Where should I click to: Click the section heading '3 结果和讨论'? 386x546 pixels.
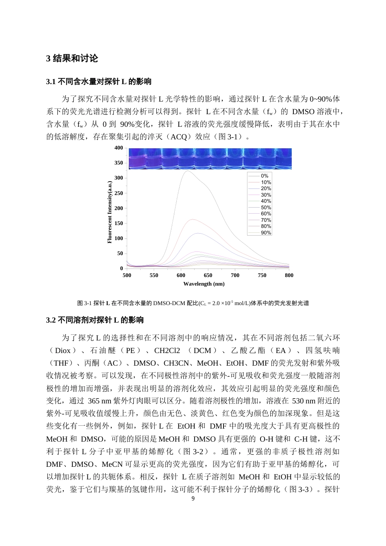click(x=72, y=58)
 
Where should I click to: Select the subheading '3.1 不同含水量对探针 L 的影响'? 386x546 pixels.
click(x=99, y=82)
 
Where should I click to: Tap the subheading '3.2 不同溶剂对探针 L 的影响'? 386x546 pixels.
click(x=95, y=320)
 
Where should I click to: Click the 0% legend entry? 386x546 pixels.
click(x=264, y=176)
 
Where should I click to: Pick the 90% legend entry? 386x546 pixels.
click(x=266, y=233)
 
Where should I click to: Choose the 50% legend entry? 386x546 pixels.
click(x=266, y=208)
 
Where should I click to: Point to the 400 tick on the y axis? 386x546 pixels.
click(x=118, y=148)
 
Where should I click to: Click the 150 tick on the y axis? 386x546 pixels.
click(x=118, y=223)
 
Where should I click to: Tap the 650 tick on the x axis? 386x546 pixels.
click(x=208, y=275)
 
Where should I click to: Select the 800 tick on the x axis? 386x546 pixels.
click(x=289, y=275)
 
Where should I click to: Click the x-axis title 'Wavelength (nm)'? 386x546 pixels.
click(x=204, y=284)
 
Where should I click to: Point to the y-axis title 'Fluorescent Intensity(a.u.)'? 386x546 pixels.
click(x=109, y=212)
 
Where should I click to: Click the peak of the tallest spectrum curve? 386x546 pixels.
click(x=187, y=171)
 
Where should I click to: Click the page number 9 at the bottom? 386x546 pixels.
click(x=193, y=499)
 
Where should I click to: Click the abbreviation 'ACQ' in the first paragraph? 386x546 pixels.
click(x=179, y=137)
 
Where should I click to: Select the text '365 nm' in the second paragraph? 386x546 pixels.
click(x=100, y=401)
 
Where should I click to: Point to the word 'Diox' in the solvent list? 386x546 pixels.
click(x=63, y=351)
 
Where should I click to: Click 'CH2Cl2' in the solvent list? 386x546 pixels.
click(x=167, y=351)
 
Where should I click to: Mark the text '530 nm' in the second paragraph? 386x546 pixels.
click(x=304, y=401)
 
